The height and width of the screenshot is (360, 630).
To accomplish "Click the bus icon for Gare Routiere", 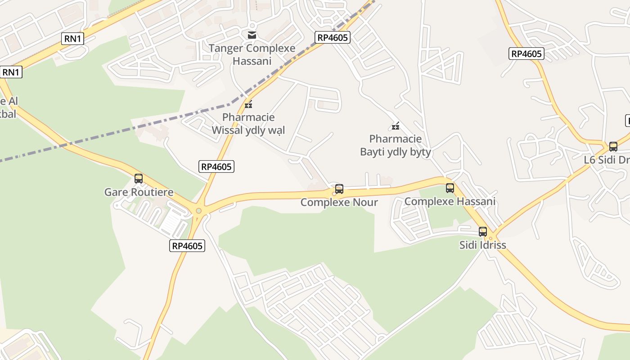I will point(139,179).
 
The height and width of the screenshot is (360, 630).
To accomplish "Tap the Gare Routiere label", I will point(139,193).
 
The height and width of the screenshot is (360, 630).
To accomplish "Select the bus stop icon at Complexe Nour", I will point(339,189).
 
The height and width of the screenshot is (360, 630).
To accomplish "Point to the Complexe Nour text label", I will point(339,202).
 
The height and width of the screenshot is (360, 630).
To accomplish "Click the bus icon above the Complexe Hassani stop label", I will point(450,188).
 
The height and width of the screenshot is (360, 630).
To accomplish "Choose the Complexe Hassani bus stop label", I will point(450,202).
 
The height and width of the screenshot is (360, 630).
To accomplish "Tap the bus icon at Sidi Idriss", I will point(483,232).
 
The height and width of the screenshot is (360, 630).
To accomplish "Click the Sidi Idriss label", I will point(483,245).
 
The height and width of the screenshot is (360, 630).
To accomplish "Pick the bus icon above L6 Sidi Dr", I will point(613,147).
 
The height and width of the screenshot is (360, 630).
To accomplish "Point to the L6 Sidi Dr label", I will point(607,160).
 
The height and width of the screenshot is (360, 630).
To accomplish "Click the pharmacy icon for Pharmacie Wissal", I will point(248,105).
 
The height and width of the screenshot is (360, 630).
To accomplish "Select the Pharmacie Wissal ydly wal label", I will point(248,124).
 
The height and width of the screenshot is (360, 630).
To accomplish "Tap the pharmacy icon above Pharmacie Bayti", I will point(396,126).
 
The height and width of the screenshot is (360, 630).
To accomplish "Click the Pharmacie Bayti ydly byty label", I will point(396,145).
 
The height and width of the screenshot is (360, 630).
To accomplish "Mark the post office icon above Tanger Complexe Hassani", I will point(252,35).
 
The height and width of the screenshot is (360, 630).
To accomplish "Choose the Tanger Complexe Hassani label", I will point(252,54).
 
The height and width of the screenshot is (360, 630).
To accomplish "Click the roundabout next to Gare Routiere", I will point(198,211).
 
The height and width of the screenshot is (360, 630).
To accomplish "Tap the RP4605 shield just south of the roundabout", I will point(188,246).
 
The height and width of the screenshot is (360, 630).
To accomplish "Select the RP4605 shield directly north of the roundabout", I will point(216,166).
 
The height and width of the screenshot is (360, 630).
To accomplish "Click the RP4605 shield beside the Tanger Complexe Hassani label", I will point(333,37).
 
